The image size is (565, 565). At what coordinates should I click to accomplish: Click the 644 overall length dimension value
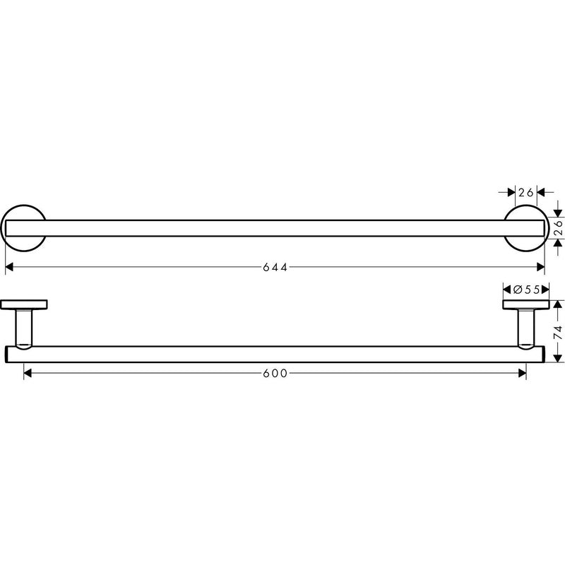pyautogui.click(x=275, y=267)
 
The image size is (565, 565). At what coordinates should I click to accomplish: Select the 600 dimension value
pyautogui.click(x=275, y=374)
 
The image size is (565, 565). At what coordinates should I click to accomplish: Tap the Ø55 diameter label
pyautogui.click(x=526, y=289)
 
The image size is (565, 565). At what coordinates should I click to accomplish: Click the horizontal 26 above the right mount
pyautogui.click(x=525, y=192)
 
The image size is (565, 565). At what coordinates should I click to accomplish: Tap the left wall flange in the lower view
pyautogui.click(x=24, y=304)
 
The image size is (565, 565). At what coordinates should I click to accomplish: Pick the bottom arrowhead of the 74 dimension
pyautogui.click(x=557, y=358)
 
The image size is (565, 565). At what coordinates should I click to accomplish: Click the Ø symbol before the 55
pyautogui.click(x=518, y=289)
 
